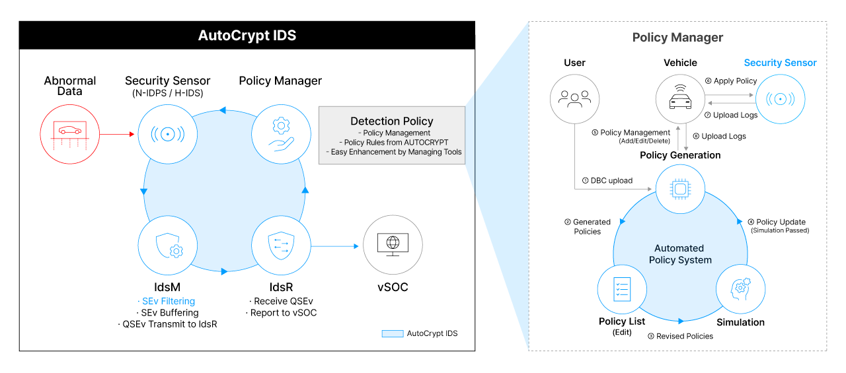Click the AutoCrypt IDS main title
[247, 36]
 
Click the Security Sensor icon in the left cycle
[168, 134]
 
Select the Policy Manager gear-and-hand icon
[281, 134]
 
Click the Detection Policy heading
[392, 121]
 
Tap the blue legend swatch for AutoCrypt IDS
[392, 333]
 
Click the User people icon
[574, 98]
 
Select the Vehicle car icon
[679, 98]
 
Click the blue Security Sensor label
[780, 63]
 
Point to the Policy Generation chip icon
[679, 189]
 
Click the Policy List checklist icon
[621, 288]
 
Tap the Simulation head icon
[740, 288]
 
